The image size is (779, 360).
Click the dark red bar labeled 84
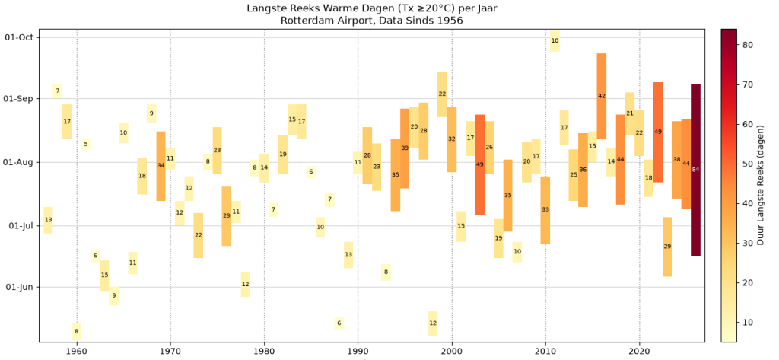(695, 170)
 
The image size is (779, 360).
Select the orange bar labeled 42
(602, 96)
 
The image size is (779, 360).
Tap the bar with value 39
(405, 148)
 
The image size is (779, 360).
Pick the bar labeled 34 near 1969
(161, 166)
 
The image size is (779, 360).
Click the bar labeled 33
(545, 210)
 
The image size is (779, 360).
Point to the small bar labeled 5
(86, 144)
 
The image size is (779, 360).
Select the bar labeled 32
(452, 139)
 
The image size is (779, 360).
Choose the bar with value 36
(583, 170)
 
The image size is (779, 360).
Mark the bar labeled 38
(676, 160)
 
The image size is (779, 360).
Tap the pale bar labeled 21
(630, 113)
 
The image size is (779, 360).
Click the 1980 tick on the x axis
(264, 350)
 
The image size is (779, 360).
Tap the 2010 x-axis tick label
(545, 350)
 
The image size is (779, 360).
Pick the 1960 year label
(77, 350)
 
